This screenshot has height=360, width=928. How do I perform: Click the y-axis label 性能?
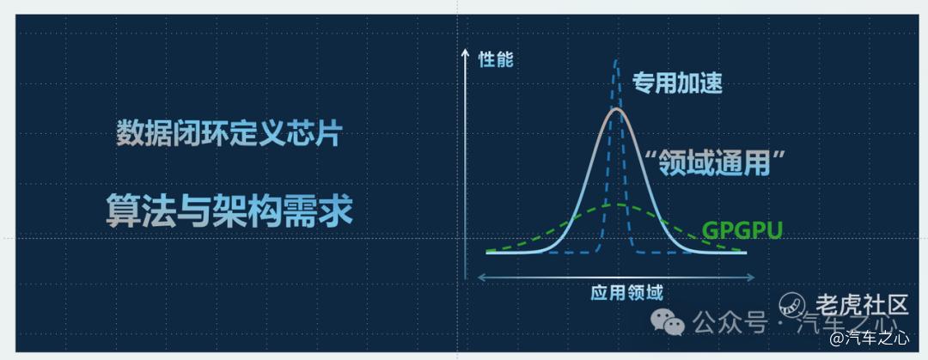pos(496,60)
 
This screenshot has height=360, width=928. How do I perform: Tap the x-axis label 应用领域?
pos(626,293)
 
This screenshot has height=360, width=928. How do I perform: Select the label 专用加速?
pos(677,83)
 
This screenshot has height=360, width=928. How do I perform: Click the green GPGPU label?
pos(742,229)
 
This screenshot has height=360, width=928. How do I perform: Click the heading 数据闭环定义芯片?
pos(229,134)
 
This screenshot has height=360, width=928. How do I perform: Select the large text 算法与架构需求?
pos(229,211)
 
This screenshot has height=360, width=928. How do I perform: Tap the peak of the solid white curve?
pos(617,109)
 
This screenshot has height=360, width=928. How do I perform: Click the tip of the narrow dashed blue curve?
pos(617,60)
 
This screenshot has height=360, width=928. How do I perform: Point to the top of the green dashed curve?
pos(617,204)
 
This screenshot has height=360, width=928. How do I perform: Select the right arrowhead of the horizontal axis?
pos(751,277)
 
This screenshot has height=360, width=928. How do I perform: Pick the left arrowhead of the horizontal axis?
pos(482,277)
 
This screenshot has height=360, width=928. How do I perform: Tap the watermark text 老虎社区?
pos(862,304)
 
